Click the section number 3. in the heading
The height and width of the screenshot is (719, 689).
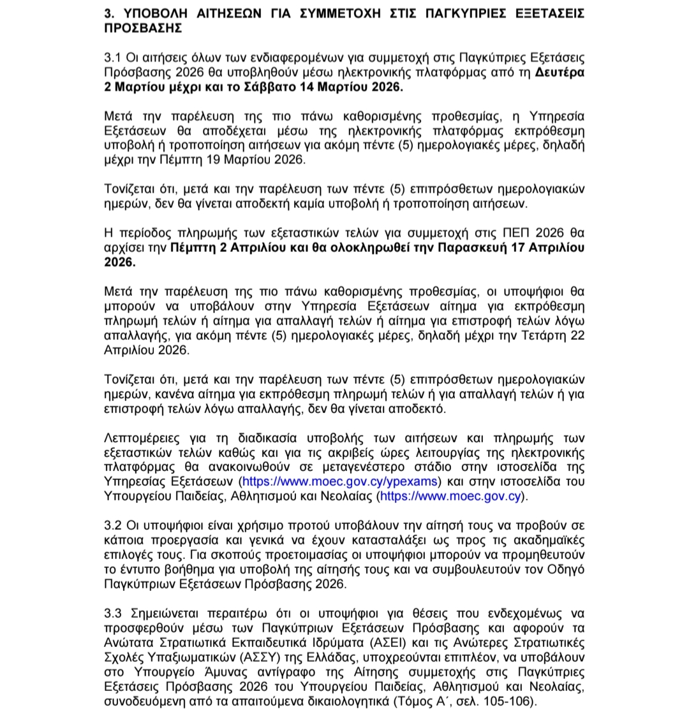coord(109,14)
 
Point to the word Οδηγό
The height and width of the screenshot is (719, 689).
coord(567,569)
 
